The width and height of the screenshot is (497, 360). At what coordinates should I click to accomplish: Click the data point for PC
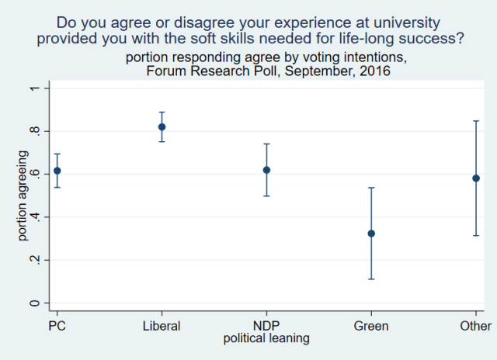(x=57, y=171)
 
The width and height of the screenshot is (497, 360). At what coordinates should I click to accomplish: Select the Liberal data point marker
(x=162, y=126)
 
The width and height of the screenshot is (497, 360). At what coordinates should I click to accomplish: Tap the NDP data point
(x=266, y=170)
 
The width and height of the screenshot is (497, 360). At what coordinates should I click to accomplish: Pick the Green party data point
(x=371, y=233)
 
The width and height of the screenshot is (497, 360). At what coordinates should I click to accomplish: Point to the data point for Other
(x=476, y=178)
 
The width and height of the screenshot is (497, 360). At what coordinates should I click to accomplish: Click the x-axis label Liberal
(x=162, y=327)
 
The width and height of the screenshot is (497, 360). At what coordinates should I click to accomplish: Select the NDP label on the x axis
(x=266, y=327)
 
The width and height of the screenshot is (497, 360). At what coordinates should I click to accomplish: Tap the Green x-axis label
(x=371, y=327)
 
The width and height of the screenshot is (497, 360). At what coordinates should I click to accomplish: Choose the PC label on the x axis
(x=57, y=327)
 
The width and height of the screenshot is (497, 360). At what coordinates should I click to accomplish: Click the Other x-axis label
(x=475, y=327)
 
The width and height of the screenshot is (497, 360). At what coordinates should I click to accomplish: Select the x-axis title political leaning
(x=266, y=338)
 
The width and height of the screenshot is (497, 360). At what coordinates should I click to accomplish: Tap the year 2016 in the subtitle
(x=375, y=71)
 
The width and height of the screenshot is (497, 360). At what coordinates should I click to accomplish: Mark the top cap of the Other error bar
(x=476, y=121)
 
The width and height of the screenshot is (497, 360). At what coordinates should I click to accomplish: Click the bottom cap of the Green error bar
(x=371, y=279)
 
